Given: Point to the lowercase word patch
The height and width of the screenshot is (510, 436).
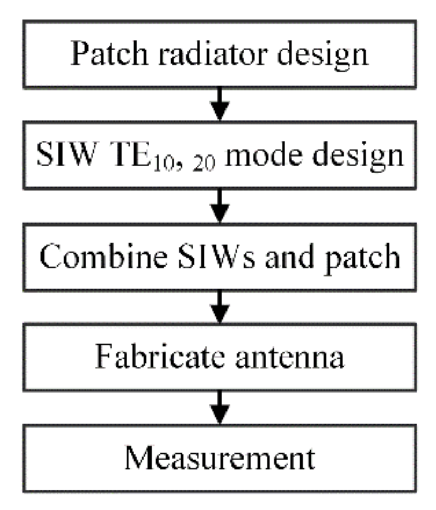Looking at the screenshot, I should point(354,257).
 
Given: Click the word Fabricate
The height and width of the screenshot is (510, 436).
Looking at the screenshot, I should point(158,357).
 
